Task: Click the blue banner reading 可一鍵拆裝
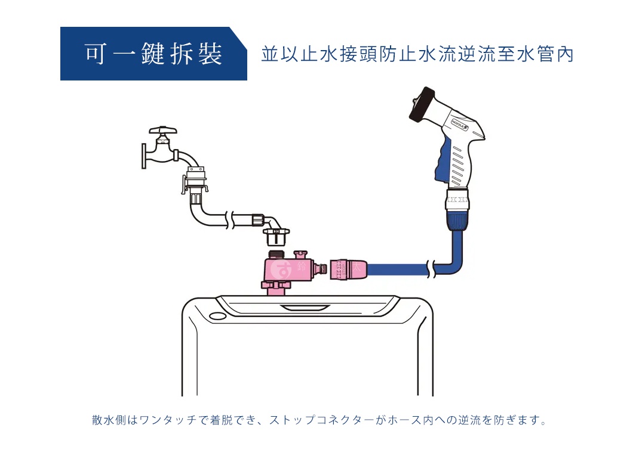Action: [x=153, y=54]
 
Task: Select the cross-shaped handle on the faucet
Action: [x=163, y=130]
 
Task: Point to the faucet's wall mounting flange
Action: [x=145, y=156]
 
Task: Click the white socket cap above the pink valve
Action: [x=276, y=240]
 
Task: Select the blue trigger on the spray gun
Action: [x=443, y=162]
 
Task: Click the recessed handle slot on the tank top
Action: [x=306, y=308]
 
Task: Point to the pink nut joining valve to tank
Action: [x=276, y=287]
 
